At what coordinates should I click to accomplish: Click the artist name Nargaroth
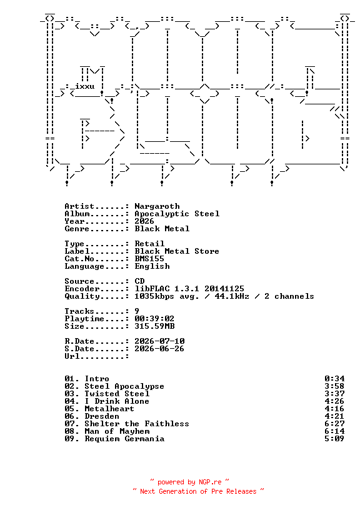click(157, 206)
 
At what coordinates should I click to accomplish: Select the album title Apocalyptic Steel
click(177, 214)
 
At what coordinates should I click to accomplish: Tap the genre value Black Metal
click(162, 229)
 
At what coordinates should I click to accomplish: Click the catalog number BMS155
click(149, 259)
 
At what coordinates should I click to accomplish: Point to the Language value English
click(152, 266)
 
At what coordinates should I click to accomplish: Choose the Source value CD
click(139, 281)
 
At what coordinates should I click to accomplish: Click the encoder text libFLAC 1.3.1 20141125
click(189, 289)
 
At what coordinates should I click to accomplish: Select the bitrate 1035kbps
click(154, 296)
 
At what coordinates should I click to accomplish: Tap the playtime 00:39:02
click(154, 318)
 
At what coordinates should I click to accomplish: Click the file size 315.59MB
click(154, 326)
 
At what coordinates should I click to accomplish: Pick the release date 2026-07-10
click(159, 341)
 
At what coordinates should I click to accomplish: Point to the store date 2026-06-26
click(159, 348)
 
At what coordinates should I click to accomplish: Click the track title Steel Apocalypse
click(124, 386)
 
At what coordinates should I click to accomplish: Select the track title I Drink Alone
click(117, 401)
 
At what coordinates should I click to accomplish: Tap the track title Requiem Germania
click(124, 439)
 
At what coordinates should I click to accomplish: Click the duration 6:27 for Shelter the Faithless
click(334, 424)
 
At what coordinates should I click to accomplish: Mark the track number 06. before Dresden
click(72, 416)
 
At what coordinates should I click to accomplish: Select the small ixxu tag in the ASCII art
click(84, 86)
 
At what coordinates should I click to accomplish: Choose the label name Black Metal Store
click(177, 251)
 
